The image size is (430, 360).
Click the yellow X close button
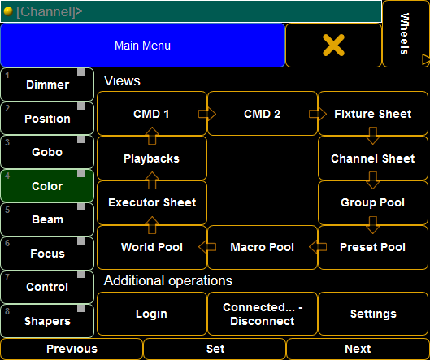[x=333, y=46]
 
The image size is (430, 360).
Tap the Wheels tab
[x=406, y=33]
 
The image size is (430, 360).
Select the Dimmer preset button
[x=47, y=85]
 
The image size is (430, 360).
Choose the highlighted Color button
[x=47, y=186]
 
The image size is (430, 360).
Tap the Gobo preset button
[x=47, y=152]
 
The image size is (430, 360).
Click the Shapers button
[x=47, y=321]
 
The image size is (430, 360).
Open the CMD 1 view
[x=152, y=114]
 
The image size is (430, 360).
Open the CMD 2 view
[x=263, y=114]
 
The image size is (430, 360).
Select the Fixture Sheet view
[x=373, y=114]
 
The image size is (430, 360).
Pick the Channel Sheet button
[x=373, y=158]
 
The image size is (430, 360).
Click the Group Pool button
[x=373, y=202]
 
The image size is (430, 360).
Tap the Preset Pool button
[x=373, y=247]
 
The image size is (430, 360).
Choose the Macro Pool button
[x=263, y=247]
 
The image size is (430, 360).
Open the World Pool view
[x=152, y=247]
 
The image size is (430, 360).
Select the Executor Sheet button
[x=152, y=202]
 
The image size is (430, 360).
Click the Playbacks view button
[x=152, y=158]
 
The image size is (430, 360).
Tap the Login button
[x=152, y=314]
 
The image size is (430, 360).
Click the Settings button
[x=373, y=314]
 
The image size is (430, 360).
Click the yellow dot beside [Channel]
[x=8, y=11]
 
